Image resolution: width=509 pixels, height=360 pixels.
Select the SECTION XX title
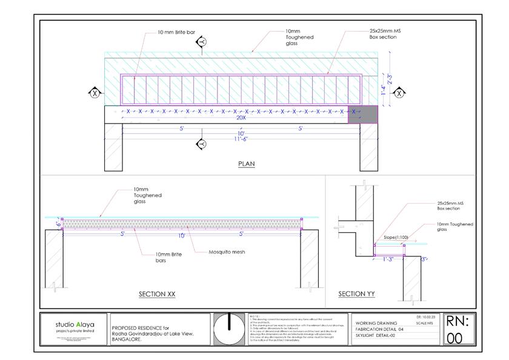(157, 294)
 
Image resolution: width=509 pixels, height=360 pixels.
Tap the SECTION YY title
(356, 294)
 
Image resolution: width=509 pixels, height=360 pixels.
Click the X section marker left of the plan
(95, 93)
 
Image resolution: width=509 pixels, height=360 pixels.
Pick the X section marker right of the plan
(399, 93)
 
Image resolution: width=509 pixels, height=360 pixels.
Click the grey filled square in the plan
(362, 115)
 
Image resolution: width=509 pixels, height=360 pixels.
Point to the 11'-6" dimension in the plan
(241, 139)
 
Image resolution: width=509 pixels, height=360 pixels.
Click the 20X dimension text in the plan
(241, 118)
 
